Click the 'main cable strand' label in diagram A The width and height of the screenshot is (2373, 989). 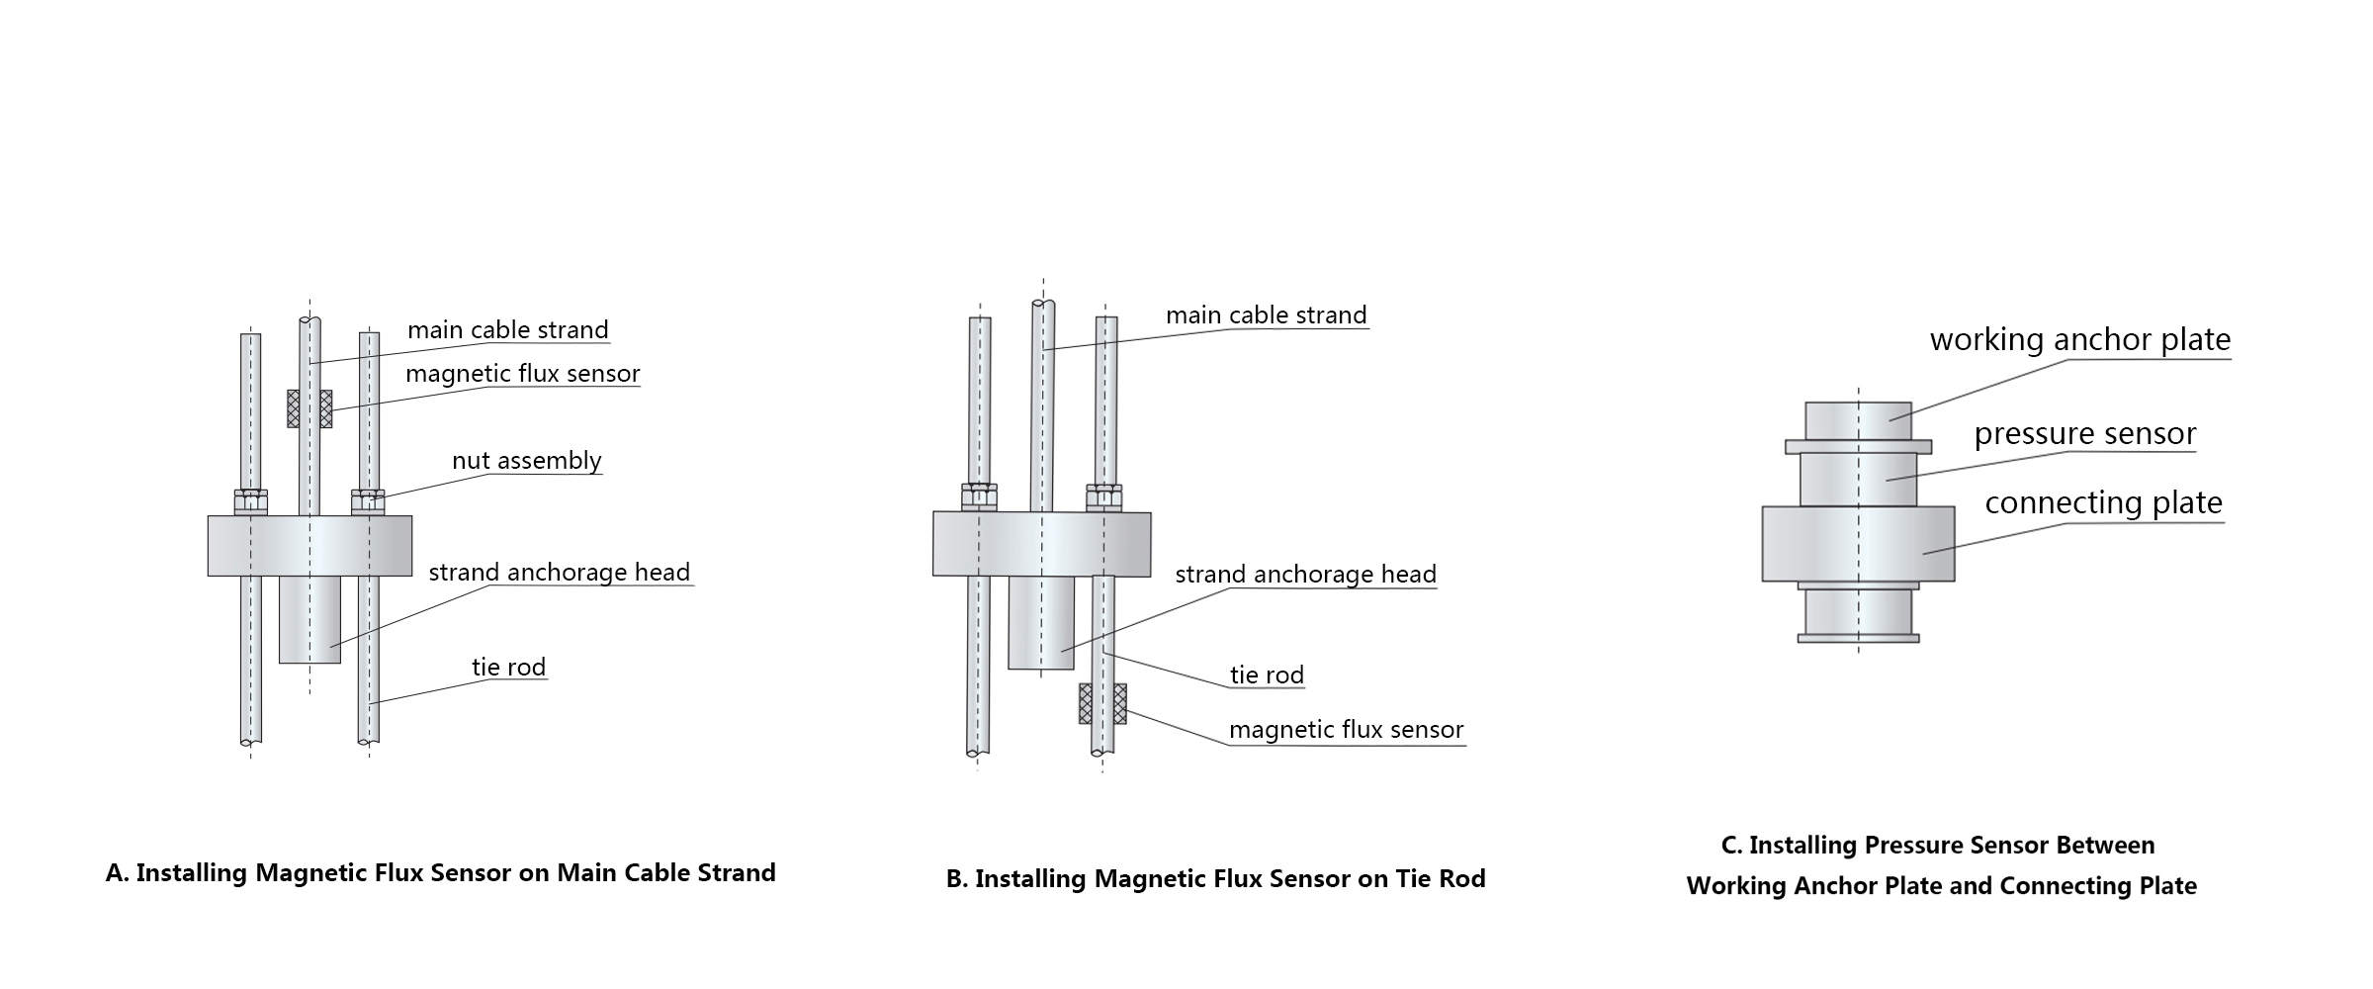(508, 330)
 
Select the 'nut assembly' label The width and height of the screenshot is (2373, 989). (526, 461)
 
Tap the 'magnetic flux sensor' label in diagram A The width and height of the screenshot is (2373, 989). (522, 374)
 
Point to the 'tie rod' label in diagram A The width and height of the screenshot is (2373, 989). (508, 668)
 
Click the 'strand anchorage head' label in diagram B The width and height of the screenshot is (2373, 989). (1305, 575)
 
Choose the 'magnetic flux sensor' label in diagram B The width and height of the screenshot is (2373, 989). (1346, 730)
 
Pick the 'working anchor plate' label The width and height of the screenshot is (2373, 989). (2079, 340)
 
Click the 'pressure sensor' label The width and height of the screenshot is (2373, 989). (2084, 434)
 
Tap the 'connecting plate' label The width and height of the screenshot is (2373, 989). (2103, 503)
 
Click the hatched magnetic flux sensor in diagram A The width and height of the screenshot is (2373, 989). (309, 407)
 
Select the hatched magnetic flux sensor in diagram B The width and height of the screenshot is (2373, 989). (1102, 703)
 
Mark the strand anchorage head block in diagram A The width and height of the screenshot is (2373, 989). (309, 619)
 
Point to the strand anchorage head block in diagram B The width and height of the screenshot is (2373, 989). (1040, 623)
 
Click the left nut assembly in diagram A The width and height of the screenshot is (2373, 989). (250, 501)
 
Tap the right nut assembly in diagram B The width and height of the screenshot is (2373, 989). (1103, 496)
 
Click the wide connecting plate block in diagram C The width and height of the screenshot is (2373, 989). (1858, 543)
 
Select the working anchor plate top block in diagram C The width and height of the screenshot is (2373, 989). (1858, 420)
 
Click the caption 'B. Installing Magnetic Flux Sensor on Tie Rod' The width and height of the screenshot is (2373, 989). (1215, 879)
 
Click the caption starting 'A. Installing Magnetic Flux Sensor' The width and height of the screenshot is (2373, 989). (440, 873)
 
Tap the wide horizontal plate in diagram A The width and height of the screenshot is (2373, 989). (309, 545)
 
